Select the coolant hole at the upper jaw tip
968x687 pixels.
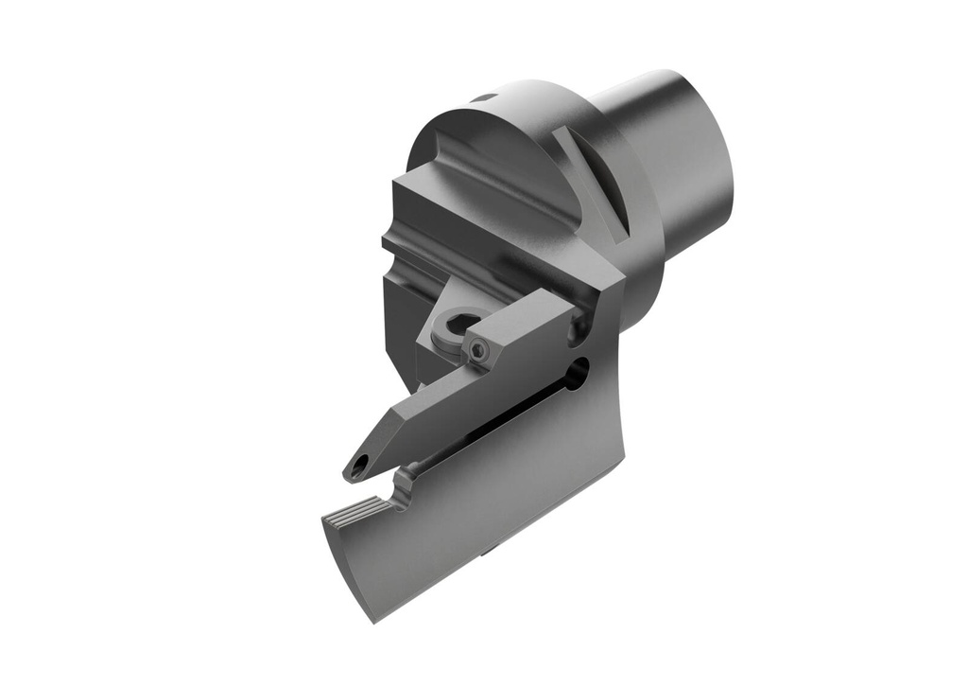point(359,466)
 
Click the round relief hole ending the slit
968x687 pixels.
point(577,374)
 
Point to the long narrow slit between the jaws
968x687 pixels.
point(492,426)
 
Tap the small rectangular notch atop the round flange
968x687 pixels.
point(484,97)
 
